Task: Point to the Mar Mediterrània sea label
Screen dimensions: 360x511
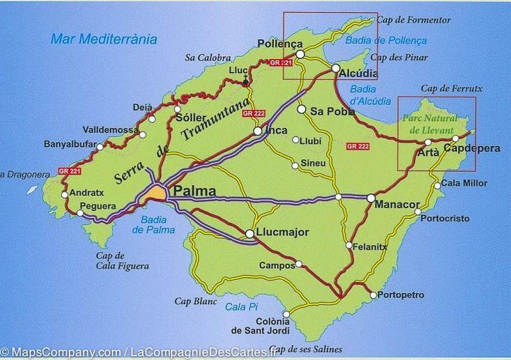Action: pyautogui.click(x=104, y=39)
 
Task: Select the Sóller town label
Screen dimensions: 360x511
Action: pyautogui.click(x=189, y=117)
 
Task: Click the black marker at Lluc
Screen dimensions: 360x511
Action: pyautogui.click(x=246, y=82)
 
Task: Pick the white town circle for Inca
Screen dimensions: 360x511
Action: pyautogui.click(x=258, y=131)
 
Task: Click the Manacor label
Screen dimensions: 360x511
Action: pyautogui.click(x=397, y=204)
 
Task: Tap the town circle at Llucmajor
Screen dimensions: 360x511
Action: pyautogui.click(x=250, y=234)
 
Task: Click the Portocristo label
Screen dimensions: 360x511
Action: pyautogui.click(x=445, y=219)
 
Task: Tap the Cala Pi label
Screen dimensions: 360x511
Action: pyautogui.click(x=240, y=307)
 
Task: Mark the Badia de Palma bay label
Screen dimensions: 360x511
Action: pyautogui.click(x=149, y=224)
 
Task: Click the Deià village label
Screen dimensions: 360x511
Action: pyautogui.click(x=143, y=107)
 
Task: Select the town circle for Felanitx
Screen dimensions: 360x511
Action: pyautogui.click(x=348, y=246)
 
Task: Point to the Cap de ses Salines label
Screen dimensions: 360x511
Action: pyautogui.click(x=305, y=349)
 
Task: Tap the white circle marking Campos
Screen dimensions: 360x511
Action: pyautogui.click(x=299, y=265)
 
